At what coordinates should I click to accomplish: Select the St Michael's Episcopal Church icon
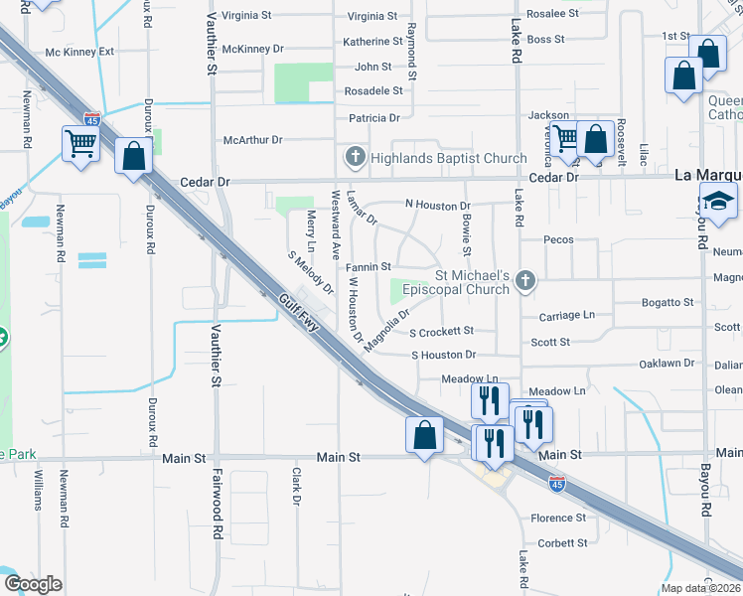click(x=526, y=284)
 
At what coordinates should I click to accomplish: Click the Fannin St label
click(x=368, y=267)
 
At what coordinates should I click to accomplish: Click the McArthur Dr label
click(x=252, y=140)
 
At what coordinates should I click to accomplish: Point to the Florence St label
click(x=558, y=518)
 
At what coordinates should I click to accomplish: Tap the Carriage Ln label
click(x=566, y=315)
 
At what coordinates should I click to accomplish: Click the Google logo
click(x=33, y=583)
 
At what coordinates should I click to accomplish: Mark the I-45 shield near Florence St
click(x=558, y=484)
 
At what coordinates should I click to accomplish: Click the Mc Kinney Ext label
click(x=80, y=52)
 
